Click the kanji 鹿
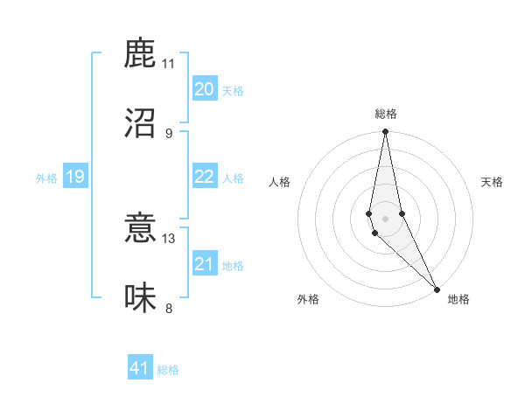pyautogui.click(x=140, y=54)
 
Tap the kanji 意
pyautogui.click(x=140, y=229)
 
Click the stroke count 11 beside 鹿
pyautogui.click(x=169, y=64)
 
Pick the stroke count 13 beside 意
pyautogui.click(x=169, y=239)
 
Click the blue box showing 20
pyautogui.click(x=204, y=89)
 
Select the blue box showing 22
pyautogui.click(x=204, y=177)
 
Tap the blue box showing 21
pyautogui.click(x=204, y=264)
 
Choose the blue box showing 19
pyautogui.click(x=74, y=177)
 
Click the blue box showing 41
pyautogui.click(x=140, y=368)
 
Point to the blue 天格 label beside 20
pyautogui.click(x=232, y=91)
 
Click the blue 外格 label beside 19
pyautogui.click(x=46, y=178)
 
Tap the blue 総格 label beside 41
pyautogui.click(x=168, y=370)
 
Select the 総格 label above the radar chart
pyautogui.click(x=385, y=115)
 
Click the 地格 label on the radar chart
pyautogui.click(x=458, y=299)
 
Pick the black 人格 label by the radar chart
pyautogui.click(x=279, y=182)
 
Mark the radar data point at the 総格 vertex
pyautogui.click(x=385, y=132)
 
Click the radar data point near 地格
pyautogui.click(x=437, y=289)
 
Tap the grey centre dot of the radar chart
pyautogui.click(x=385, y=219)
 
